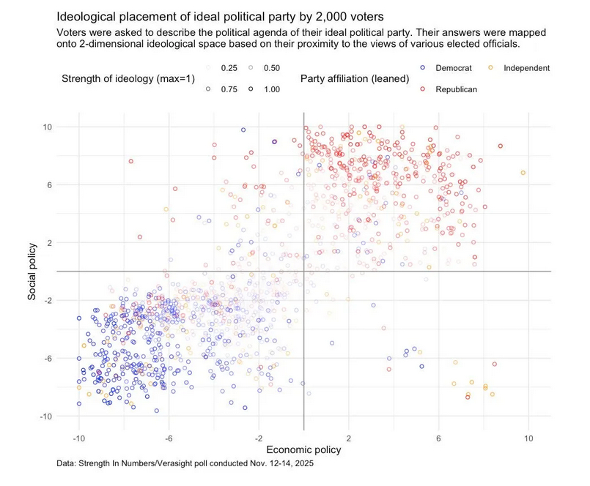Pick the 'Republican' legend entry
457,89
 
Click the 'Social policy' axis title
33,271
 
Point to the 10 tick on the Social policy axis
46,127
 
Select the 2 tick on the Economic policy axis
349,438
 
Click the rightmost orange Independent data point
523,173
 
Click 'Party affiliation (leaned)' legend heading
355,78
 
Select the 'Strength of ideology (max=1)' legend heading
128,78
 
